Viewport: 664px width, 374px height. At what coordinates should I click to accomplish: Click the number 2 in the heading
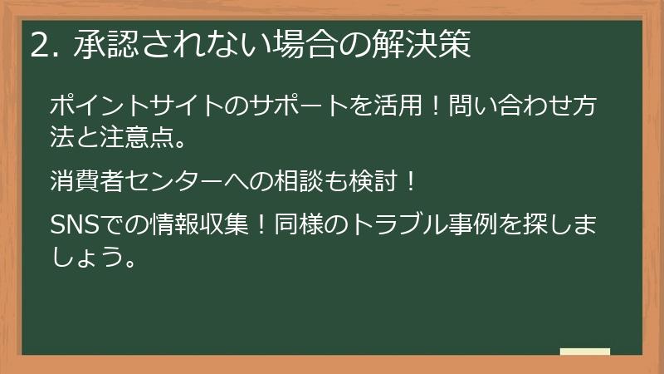pyautogui.click(x=37, y=46)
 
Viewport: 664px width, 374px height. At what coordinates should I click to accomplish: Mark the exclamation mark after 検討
pyautogui.click(x=405, y=179)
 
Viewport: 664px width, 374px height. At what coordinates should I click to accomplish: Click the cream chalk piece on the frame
pyautogui.click(x=584, y=352)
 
